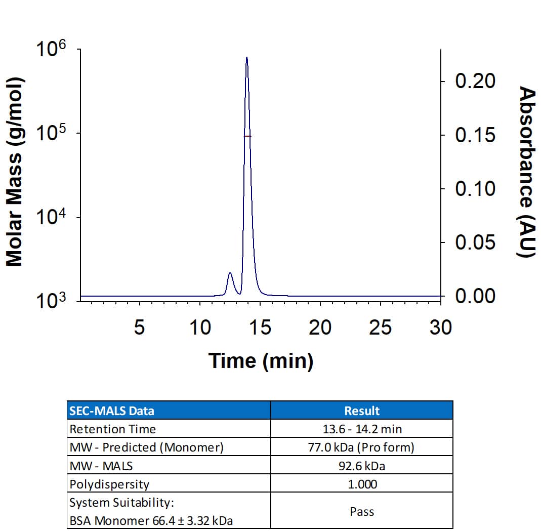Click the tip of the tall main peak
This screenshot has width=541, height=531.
(x=246, y=57)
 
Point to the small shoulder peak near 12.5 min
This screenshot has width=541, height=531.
(x=230, y=273)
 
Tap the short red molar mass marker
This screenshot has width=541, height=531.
(x=247, y=136)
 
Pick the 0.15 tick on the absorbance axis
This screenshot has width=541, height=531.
(x=475, y=135)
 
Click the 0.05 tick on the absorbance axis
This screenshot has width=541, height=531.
(x=475, y=242)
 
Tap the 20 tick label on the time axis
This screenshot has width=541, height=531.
(x=320, y=328)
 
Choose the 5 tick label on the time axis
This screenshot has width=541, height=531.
(x=139, y=328)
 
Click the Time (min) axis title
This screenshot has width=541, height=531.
(x=261, y=361)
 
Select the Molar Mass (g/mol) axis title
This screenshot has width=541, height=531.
(x=15, y=172)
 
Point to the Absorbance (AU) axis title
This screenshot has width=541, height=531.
(x=527, y=172)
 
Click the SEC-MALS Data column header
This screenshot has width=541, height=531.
(x=112, y=411)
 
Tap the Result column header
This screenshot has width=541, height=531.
(x=362, y=411)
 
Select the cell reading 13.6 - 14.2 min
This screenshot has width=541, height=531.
(x=362, y=429)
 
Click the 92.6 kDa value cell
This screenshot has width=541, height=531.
(x=362, y=466)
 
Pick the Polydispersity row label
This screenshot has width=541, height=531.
(x=109, y=484)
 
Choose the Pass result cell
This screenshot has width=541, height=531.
(x=362, y=512)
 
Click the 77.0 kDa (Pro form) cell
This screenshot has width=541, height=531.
(x=362, y=447)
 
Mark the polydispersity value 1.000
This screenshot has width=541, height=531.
(x=362, y=484)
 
